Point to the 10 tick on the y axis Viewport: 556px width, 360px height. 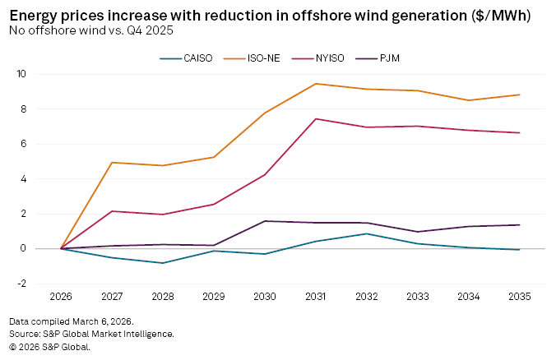[44, 74]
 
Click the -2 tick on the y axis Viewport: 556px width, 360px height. [44, 284]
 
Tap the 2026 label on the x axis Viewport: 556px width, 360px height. [62, 295]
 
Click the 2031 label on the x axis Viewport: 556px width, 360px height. [316, 295]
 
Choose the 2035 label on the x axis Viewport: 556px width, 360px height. [520, 295]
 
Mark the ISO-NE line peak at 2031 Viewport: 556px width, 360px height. [316, 84]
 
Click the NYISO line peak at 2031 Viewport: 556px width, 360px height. [316, 119]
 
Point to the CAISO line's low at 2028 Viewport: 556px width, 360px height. [164, 263]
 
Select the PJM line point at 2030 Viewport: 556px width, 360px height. [265, 221]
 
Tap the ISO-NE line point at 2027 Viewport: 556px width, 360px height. [113, 163]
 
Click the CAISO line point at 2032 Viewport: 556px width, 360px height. [367, 233]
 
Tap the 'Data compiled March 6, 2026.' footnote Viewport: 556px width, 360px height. [72, 321]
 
